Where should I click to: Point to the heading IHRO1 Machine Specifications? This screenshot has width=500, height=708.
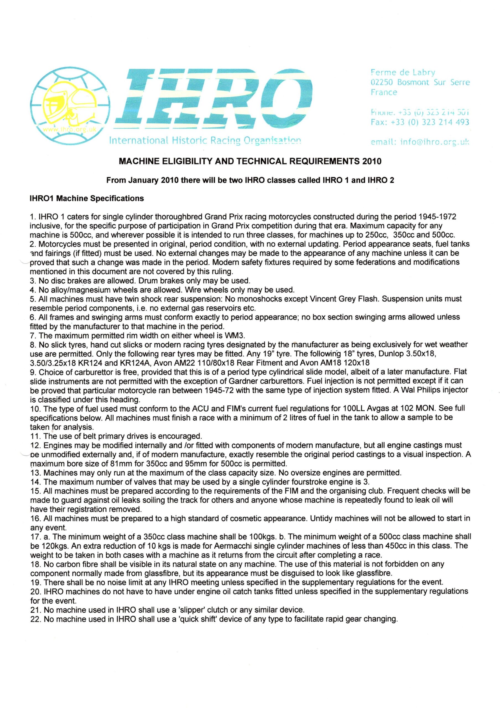point(87,198)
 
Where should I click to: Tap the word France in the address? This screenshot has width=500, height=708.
point(384,92)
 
